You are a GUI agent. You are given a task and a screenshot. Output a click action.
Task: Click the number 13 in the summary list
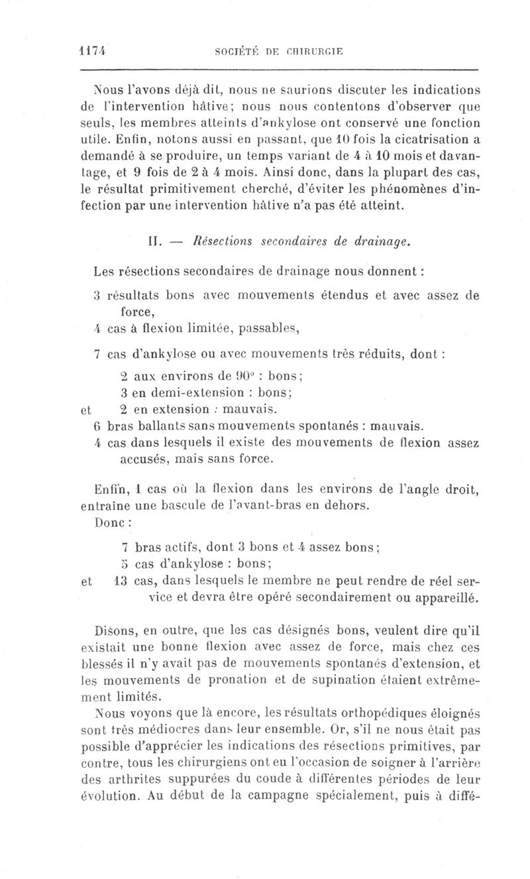point(121,581)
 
